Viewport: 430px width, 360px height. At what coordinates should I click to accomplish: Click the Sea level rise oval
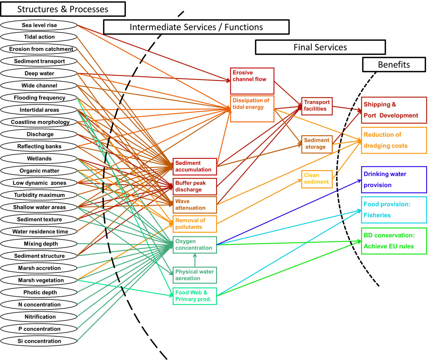(39, 25)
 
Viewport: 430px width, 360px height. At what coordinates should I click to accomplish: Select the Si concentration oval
(39, 341)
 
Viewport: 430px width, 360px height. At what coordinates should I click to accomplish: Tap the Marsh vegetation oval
(39, 280)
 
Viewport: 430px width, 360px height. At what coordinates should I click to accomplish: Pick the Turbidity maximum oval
(39, 195)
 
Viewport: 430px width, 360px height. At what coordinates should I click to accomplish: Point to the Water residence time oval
(39, 232)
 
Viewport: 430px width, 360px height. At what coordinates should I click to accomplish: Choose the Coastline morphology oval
(39, 122)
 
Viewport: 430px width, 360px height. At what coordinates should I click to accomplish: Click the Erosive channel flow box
(252, 81)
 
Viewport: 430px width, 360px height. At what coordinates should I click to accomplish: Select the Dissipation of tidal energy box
(252, 109)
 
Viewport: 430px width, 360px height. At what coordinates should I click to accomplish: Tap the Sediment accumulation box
(195, 166)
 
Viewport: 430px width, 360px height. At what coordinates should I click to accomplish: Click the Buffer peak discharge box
(195, 187)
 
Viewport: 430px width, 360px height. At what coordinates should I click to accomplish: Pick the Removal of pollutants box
(195, 224)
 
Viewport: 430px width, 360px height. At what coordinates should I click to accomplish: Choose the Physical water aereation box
(195, 275)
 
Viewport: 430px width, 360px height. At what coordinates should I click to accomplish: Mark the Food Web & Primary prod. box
(195, 296)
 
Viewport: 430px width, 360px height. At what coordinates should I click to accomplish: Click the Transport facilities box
(317, 106)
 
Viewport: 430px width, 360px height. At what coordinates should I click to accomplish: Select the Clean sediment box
(317, 179)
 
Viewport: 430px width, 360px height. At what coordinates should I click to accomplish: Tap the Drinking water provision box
(394, 179)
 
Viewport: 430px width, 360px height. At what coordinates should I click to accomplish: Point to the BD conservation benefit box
(394, 241)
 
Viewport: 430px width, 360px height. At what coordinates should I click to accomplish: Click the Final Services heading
(320, 47)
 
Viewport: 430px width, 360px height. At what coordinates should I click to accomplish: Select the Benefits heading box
(394, 65)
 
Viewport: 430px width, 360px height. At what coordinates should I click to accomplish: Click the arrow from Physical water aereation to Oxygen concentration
(195, 260)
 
